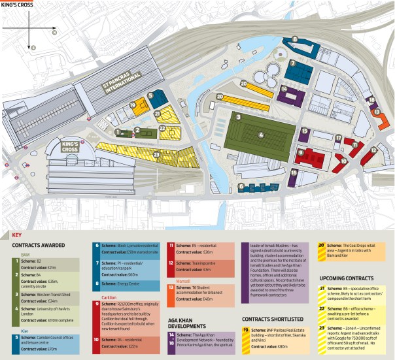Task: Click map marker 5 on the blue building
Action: [x=150, y=96]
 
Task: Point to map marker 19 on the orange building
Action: [x=133, y=105]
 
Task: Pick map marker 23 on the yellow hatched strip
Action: [x=155, y=154]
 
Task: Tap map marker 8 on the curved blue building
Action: [x=295, y=40]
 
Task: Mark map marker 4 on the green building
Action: [x=260, y=136]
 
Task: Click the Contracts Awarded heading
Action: [x=40, y=246]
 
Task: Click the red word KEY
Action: [x=18, y=235]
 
